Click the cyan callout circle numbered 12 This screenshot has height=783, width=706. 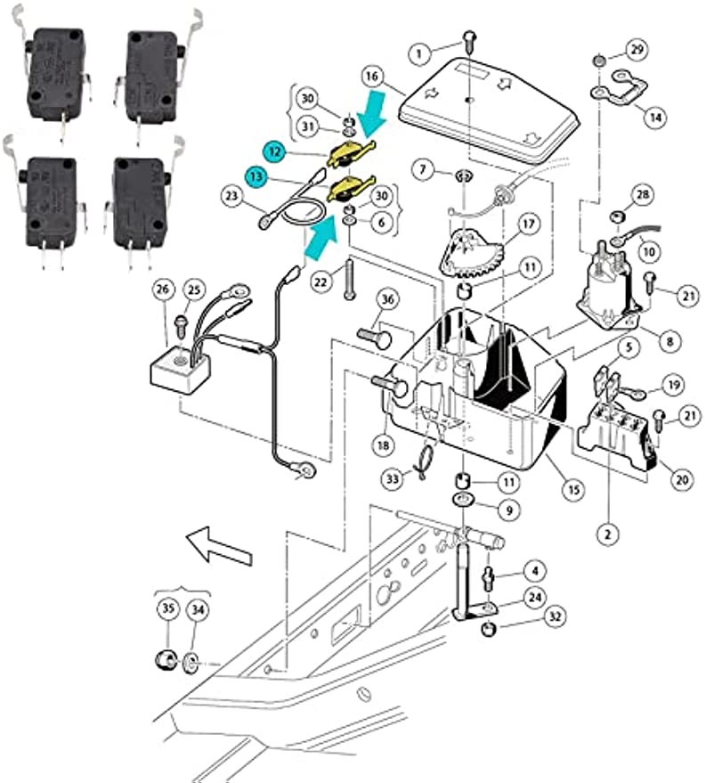tap(276, 152)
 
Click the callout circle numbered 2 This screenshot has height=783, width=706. tap(607, 534)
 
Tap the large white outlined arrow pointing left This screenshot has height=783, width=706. tap(215, 542)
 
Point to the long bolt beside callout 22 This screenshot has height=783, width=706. tap(350, 277)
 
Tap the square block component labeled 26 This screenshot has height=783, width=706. tap(183, 366)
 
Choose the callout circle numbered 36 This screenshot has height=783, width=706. tap(387, 299)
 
